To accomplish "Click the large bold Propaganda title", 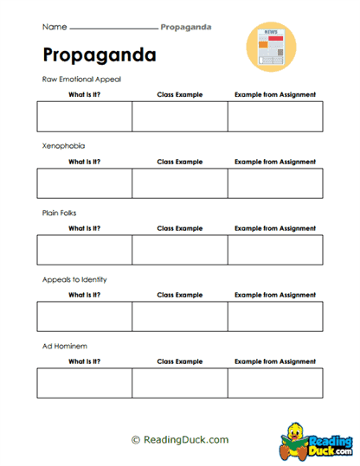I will (100, 55).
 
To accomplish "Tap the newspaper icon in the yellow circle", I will (271, 45).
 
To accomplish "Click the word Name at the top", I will (54, 27).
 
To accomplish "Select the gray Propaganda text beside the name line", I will (186, 27).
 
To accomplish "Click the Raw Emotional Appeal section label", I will (81, 79).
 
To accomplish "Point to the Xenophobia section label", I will (63, 146).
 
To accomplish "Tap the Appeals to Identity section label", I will (74, 279).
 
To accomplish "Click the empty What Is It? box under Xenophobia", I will (84, 183).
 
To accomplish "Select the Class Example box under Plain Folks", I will (179, 250).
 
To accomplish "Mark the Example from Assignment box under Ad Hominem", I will (275, 383).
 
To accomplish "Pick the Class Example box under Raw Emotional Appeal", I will (179, 117).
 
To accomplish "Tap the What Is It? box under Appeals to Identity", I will (84, 316).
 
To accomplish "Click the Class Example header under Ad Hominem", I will (179, 361).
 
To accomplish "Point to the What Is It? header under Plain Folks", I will (84, 228).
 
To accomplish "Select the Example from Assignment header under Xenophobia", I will (275, 162).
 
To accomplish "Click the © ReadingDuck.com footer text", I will (180, 440).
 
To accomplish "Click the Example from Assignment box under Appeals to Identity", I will (275, 316).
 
